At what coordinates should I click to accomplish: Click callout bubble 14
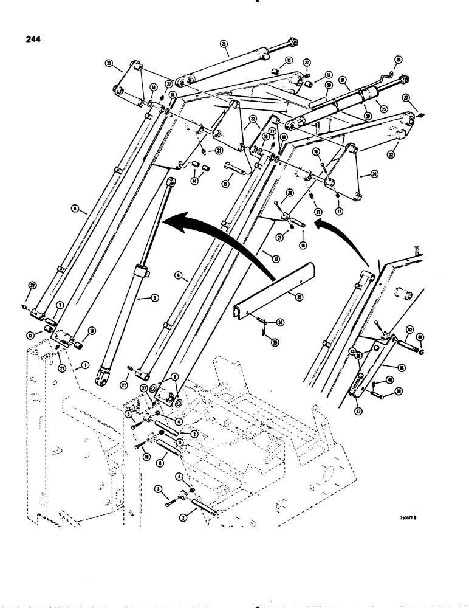coord(194,181)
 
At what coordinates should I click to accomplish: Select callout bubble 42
coord(410,330)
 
